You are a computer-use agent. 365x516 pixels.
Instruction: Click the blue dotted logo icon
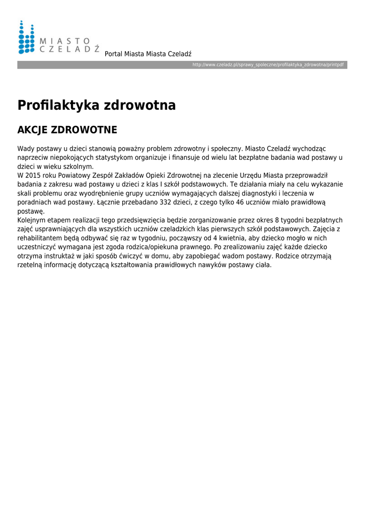(x=26, y=37)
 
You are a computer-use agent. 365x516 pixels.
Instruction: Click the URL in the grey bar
(x=268, y=66)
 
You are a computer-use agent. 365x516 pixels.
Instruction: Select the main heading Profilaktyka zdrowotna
(x=97, y=105)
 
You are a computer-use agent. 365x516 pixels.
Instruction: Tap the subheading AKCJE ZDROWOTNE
(x=67, y=130)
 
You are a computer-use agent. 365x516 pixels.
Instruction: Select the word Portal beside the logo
(x=113, y=54)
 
